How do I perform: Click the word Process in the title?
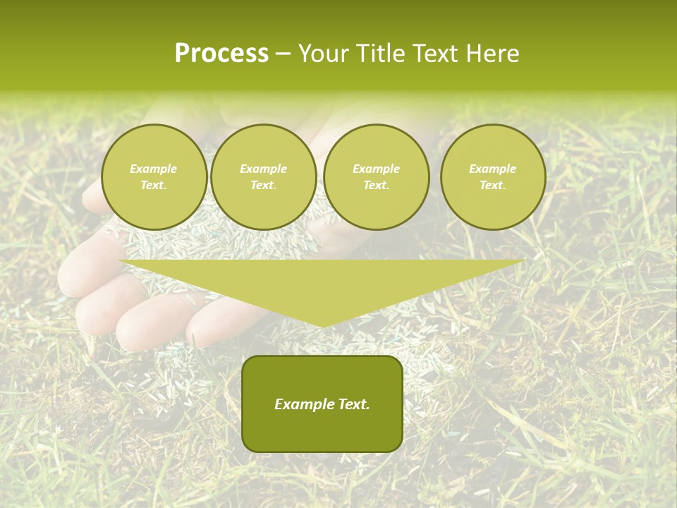[x=221, y=54]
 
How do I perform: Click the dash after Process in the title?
[x=283, y=55]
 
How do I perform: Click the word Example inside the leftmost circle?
[x=154, y=169]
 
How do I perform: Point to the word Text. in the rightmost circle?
[x=492, y=186]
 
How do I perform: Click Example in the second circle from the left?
[x=263, y=169]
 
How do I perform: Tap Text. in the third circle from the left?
[x=376, y=186]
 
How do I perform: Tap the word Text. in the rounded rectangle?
[x=352, y=404]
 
